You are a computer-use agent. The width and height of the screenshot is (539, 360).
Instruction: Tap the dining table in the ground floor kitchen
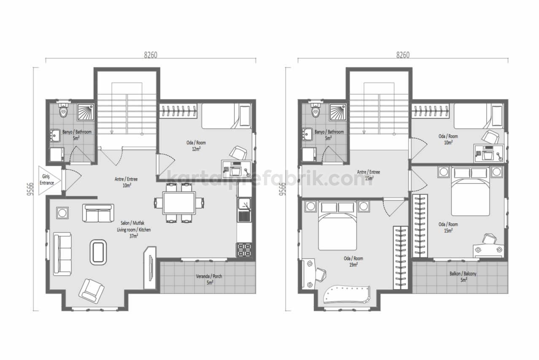179,203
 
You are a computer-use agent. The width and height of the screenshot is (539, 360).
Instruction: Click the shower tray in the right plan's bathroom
338,112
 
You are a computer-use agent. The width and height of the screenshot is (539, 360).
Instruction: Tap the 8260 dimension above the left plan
151,55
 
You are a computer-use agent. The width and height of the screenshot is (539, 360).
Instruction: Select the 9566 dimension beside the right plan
282,189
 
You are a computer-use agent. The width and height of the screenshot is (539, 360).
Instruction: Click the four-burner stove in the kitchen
244,250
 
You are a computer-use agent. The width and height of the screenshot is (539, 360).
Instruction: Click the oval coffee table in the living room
98,252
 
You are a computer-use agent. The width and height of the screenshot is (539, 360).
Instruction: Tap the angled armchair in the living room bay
92,291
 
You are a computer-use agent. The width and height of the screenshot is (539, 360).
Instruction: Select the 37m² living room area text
134,236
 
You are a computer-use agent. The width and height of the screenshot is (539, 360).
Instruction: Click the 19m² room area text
353,265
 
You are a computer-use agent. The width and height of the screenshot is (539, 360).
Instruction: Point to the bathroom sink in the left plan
55,135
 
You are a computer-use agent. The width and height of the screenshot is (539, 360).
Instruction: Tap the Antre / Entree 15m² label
369,175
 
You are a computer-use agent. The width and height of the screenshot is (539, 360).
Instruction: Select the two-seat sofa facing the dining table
98,213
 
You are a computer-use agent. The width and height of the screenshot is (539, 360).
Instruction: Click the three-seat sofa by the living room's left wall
62,254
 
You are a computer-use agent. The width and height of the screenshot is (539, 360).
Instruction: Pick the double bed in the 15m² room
470,192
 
